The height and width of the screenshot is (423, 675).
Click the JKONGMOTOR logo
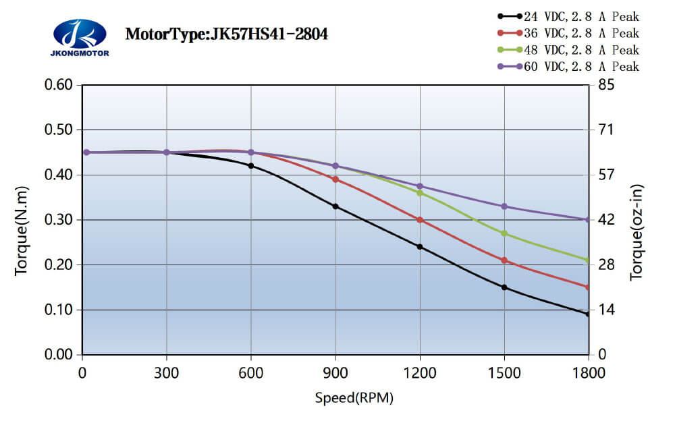coord(80,38)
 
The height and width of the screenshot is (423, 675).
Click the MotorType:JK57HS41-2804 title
coord(227,34)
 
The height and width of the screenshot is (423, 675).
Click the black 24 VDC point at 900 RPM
coord(335,206)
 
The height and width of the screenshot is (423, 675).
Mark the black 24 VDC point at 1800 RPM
coord(588,314)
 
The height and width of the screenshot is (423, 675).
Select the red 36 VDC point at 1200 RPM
coord(420,220)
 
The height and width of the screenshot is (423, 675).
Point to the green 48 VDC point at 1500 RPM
coord(504,233)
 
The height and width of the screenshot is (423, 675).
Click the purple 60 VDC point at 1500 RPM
coord(504,206)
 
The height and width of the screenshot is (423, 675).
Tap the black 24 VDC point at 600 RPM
coord(251,166)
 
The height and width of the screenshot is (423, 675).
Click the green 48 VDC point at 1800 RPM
coord(588,260)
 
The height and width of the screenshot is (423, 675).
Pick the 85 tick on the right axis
coord(603,85)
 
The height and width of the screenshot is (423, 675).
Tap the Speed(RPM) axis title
coord(354,398)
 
